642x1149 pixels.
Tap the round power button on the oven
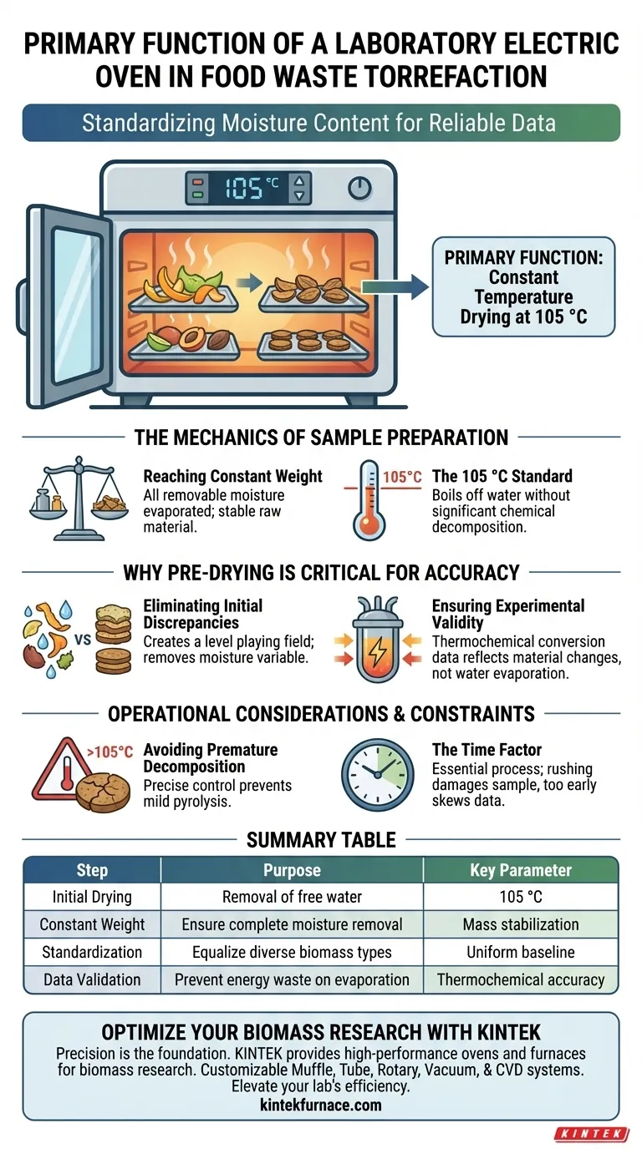tap(359, 188)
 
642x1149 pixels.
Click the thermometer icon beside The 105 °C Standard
tap(369, 501)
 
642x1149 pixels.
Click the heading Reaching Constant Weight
tap(232, 476)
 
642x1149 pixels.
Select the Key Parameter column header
tap(521, 870)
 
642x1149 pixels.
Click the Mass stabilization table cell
tap(521, 924)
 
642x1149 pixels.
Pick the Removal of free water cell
tap(292, 898)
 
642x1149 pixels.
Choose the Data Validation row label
tap(92, 979)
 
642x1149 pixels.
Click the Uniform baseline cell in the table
tap(521, 952)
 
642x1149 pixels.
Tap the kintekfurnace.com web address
tap(321, 1105)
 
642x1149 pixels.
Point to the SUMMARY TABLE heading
tap(321, 839)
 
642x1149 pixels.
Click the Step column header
tap(92, 870)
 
